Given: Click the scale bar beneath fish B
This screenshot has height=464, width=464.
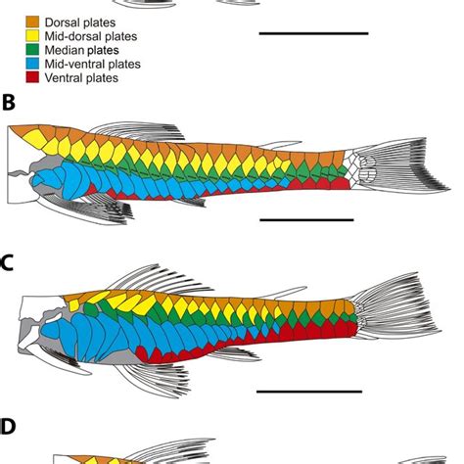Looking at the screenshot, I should pos(305,220).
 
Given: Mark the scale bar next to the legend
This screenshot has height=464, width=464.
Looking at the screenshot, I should pos(313,34).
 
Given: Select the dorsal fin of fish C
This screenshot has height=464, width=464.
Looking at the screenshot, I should pos(162,278).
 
